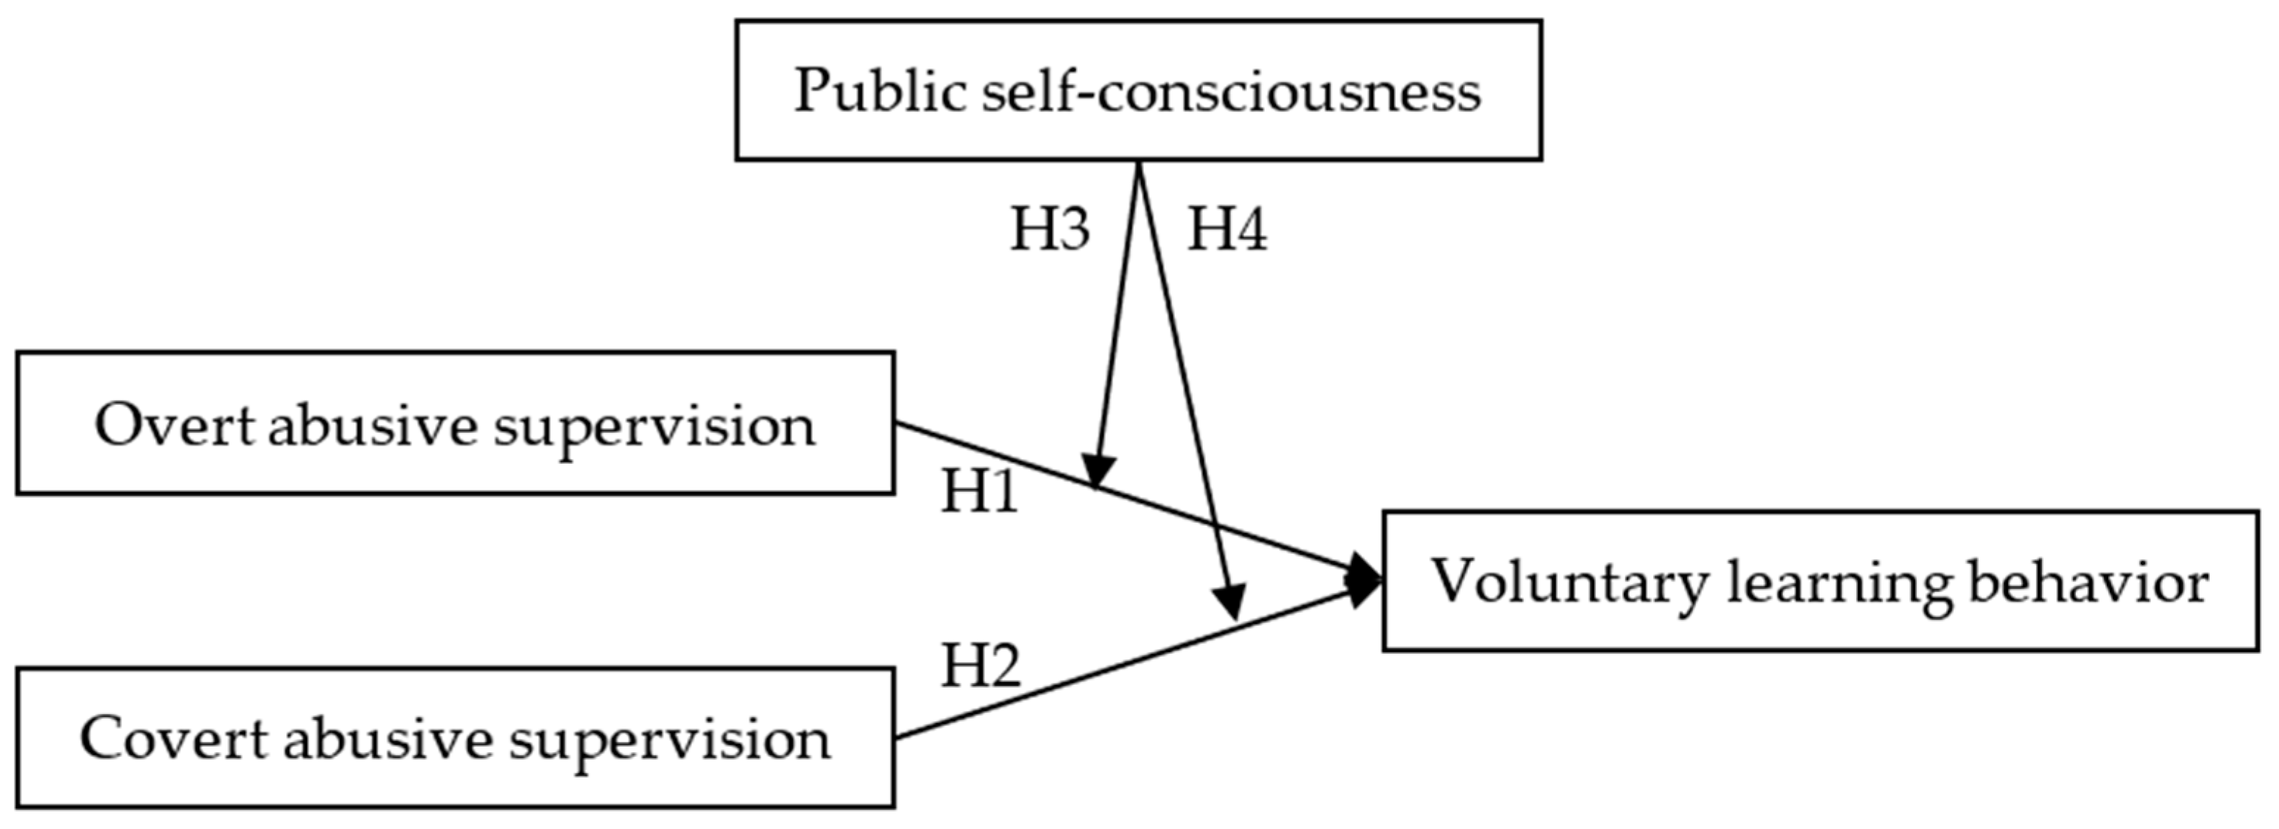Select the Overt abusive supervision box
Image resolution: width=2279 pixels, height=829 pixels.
(x=455, y=423)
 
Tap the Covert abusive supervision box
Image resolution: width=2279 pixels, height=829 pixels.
(x=455, y=737)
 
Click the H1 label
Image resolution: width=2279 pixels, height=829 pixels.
(x=979, y=491)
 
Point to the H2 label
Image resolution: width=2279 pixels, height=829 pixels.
(x=979, y=666)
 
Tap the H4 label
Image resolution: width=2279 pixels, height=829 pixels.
(x=1226, y=229)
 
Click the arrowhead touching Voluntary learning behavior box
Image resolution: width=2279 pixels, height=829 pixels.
(x=1364, y=580)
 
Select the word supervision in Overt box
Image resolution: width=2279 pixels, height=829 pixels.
(x=654, y=426)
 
